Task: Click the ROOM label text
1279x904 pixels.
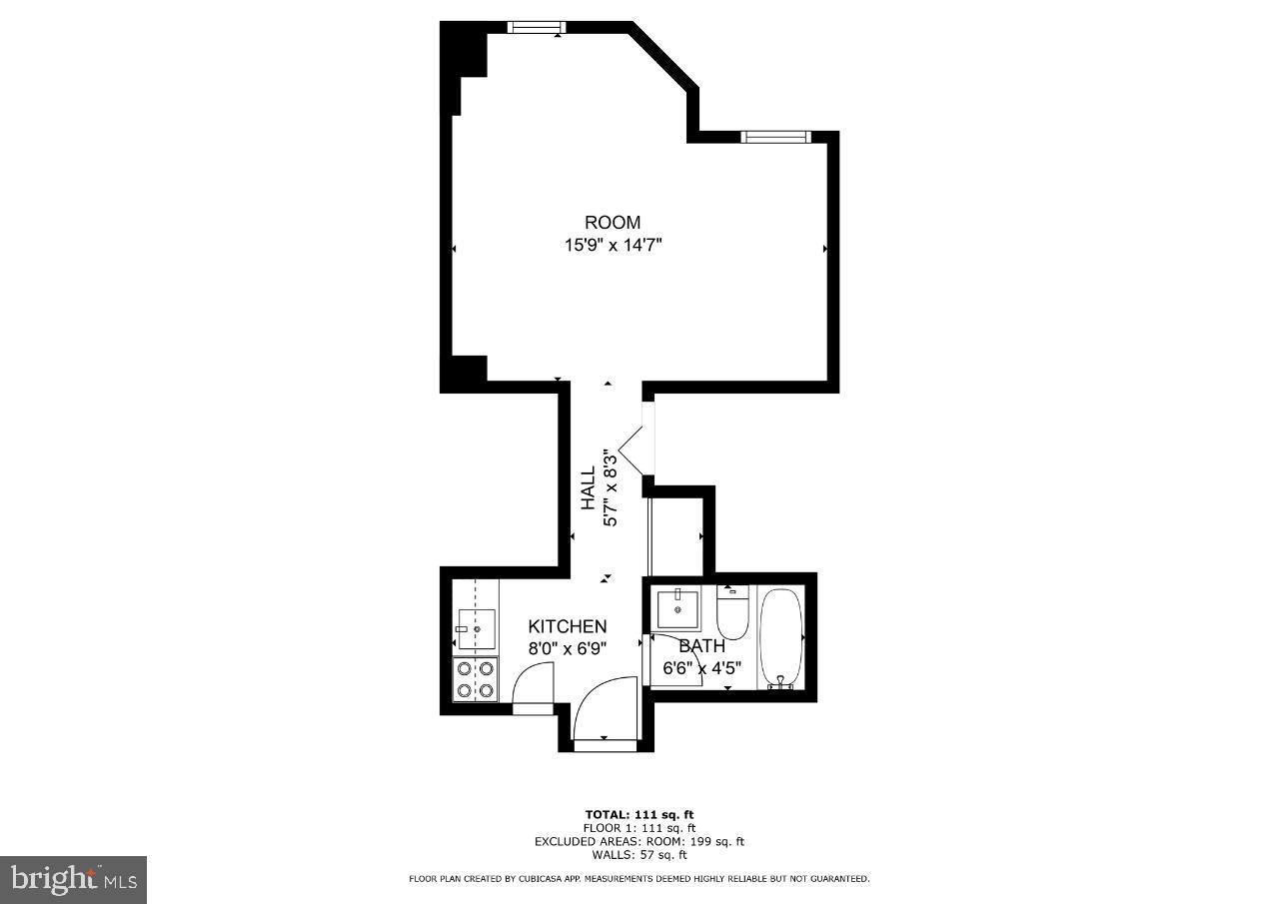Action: click(x=612, y=223)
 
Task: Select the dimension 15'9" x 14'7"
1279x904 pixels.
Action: click(x=613, y=245)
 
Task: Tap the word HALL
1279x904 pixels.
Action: click(x=590, y=487)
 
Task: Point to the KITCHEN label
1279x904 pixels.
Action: click(x=567, y=626)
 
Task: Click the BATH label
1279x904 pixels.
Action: click(x=701, y=646)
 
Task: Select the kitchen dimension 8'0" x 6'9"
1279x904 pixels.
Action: click(x=568, y=647)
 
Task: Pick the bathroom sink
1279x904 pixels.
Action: click(x=677, y=608)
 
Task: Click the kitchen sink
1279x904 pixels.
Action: click(x=477, y=629)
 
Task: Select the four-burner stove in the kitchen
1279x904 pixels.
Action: click(x=475, y=679)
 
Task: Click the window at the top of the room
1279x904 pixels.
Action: click(x=537, y=27)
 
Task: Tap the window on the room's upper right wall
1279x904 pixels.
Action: click(x=773, y=137)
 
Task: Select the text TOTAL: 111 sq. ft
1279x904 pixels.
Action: click(x=639, y=814)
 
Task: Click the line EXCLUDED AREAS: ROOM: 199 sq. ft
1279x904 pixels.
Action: click(x=639, y=841)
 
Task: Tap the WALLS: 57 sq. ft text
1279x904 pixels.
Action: click(x=639, y=854)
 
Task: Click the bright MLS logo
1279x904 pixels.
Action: click(x=73, y=879)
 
